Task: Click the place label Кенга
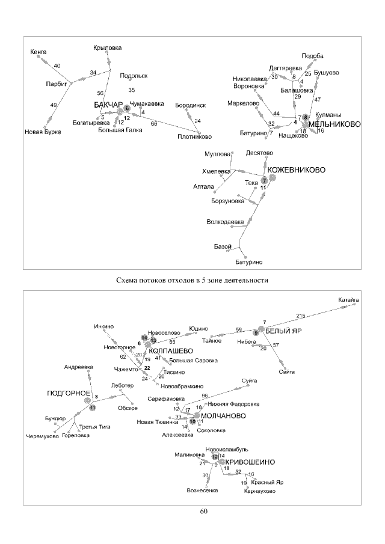tap(38, 52)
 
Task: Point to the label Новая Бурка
tap(43, 132)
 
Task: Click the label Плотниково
tap(195, 136)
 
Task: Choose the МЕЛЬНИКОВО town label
tap(334, 124)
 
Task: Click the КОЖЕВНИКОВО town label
tap(296, 170)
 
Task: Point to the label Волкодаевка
tap(225, 222)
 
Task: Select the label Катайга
tap(348, 299)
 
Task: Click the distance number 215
tap(301, 316)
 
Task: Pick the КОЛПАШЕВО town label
tap(170, 350)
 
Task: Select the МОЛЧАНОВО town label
tap(222, 415)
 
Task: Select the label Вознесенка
tap(202, 490)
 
